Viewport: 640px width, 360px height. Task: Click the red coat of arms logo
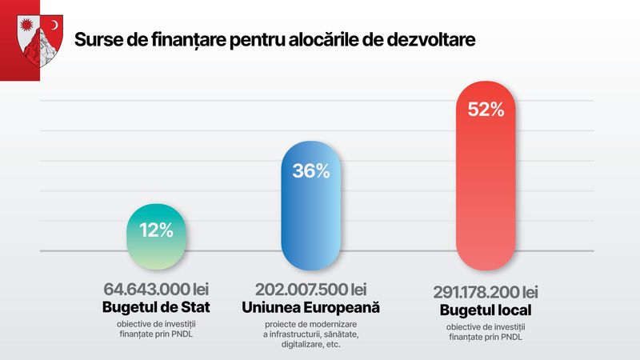(38, 43)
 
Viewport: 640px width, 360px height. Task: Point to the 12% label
(156, 230)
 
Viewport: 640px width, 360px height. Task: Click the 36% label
(310, 170)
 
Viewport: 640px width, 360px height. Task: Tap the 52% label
(485, 110)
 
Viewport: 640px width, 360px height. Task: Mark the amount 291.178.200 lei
(485, 292)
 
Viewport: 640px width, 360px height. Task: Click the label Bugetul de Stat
(156, 307)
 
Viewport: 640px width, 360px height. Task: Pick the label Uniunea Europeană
(310, 307)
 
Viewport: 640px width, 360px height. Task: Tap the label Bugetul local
(485, 310)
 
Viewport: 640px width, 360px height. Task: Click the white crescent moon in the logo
(54, 26)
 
